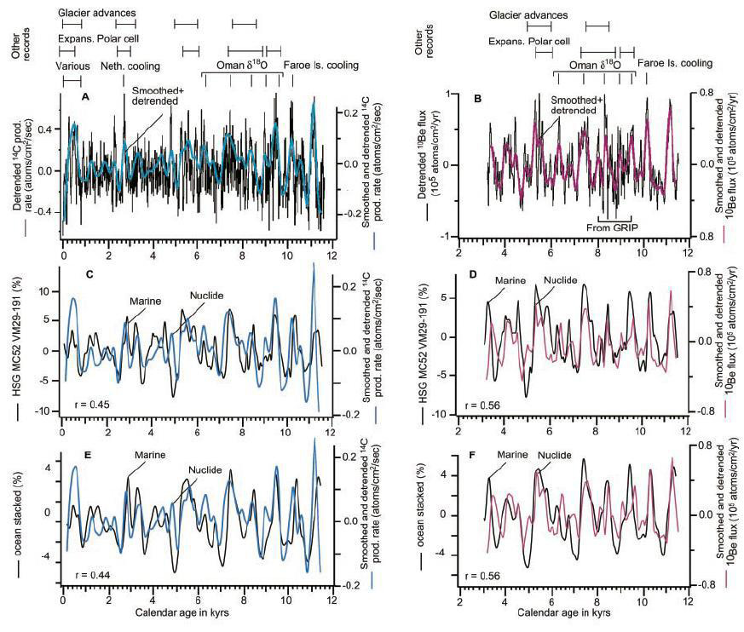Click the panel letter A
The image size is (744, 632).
85,98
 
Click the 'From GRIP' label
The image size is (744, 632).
611,227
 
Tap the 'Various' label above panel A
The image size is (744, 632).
72,66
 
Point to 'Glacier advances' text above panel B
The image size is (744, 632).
528,15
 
